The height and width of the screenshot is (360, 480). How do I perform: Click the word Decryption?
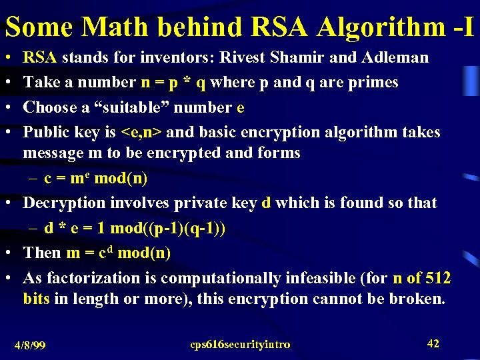coord(65,203)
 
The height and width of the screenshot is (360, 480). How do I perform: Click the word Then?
coord(42,253)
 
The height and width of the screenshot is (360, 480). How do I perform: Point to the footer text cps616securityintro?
coord(240,345)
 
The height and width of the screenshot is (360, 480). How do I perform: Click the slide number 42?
coord(433,343)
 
